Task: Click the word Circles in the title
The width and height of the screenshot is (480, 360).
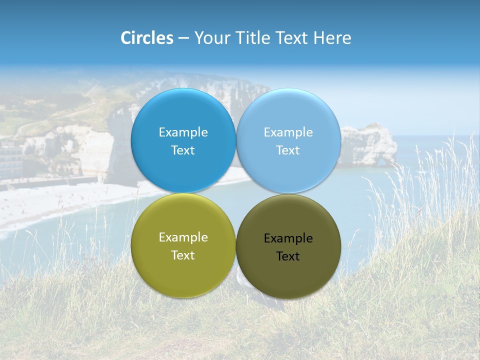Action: coord(147,38)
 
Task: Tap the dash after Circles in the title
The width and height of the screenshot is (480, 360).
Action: coord(183,38)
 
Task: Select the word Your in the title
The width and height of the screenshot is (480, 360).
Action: coord(210,38)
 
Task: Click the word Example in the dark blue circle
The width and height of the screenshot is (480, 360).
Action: coord(183,132)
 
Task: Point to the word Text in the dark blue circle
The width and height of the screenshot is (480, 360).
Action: coord(183,150)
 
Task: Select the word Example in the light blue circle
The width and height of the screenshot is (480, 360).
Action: coord(288,132)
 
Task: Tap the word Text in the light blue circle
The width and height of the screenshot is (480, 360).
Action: coord(288,150)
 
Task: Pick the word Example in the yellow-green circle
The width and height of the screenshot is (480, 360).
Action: coord(183,237)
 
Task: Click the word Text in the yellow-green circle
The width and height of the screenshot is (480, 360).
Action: coord(183,255)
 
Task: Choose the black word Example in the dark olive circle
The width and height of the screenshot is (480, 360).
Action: coord(288,238)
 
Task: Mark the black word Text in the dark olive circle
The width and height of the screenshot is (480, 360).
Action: coord(288,256)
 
